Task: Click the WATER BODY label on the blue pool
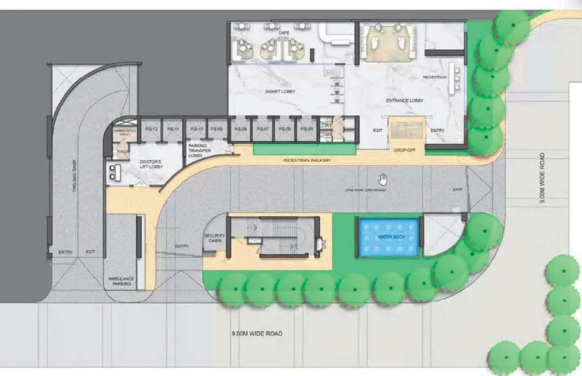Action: (389, 237)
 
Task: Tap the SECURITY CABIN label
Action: (214, 238)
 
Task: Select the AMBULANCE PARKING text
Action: (120, 281)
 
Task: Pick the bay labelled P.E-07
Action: (262, 129)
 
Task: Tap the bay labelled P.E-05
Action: (305, 129)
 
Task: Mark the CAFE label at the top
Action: (285, 33)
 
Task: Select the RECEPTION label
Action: (434, 77)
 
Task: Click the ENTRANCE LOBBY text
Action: (405, 101)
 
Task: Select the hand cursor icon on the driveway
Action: (382, 179)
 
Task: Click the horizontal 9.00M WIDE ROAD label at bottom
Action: (257, 334)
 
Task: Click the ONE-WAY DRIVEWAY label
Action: (365, 190)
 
